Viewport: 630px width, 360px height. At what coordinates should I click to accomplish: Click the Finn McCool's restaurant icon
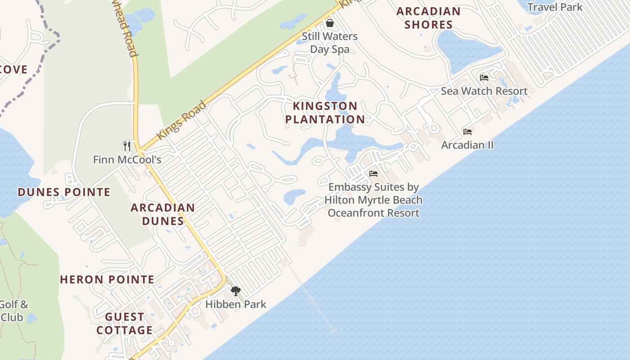click(x=127, y=146)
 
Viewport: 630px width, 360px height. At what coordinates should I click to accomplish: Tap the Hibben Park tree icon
click(x=235, y=291)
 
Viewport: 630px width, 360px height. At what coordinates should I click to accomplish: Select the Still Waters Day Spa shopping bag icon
click(x=330, y=23)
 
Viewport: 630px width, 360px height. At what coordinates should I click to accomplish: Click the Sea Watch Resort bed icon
click(x=484, y=77)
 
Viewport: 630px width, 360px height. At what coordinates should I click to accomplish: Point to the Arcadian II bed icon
click(x=468, y=132)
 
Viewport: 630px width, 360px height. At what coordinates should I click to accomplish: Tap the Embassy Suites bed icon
click(x=373, y=173)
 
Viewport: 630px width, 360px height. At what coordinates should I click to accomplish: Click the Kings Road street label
click(x=181, y=121)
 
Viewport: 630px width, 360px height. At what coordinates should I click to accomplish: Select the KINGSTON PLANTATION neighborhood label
click(x=325, y=112)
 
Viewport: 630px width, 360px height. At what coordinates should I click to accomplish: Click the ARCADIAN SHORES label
click(x=428, y=18)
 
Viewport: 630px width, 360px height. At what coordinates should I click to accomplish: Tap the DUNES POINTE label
click(x=64, y=192)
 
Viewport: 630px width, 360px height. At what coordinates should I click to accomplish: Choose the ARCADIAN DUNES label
click(x=163, y=214)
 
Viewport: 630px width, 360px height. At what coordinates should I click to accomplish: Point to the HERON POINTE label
click(x=107, y=279)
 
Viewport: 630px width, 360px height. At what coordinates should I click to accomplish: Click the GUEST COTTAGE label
click(x=125, y=324)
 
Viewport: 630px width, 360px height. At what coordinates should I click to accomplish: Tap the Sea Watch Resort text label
click(x=484, y=91)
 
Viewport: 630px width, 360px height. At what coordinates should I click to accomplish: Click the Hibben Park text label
click(x=236, y=304)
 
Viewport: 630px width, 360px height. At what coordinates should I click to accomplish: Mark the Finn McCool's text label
click(x=127, y=160)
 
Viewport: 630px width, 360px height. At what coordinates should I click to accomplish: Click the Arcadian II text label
click(x=468, y=145)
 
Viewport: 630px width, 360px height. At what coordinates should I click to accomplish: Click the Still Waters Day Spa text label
click(x=330, y=43)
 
